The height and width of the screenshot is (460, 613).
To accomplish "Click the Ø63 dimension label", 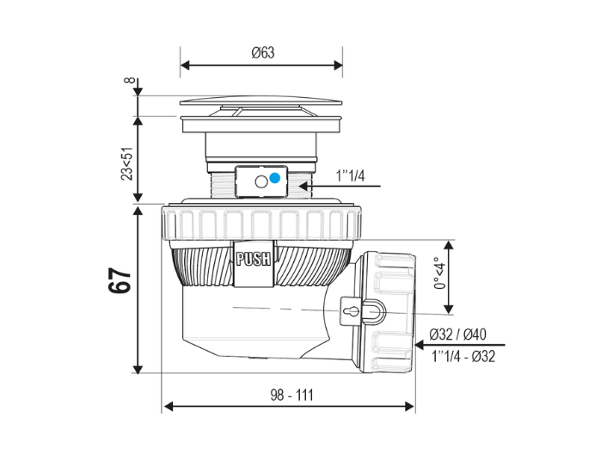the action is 263,52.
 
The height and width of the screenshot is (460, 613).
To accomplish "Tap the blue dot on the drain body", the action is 275,178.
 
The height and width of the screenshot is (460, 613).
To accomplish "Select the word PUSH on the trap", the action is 254,259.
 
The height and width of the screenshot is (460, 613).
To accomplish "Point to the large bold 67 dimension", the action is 119,280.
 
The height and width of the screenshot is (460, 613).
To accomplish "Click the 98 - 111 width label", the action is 291,395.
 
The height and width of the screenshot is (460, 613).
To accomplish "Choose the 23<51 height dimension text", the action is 126,163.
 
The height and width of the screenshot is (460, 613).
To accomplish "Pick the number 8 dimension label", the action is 130,81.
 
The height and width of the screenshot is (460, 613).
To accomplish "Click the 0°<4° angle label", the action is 439,273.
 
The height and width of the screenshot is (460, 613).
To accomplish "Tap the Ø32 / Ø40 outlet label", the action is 457,334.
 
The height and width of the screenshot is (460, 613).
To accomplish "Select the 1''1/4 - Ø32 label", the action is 463,356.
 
